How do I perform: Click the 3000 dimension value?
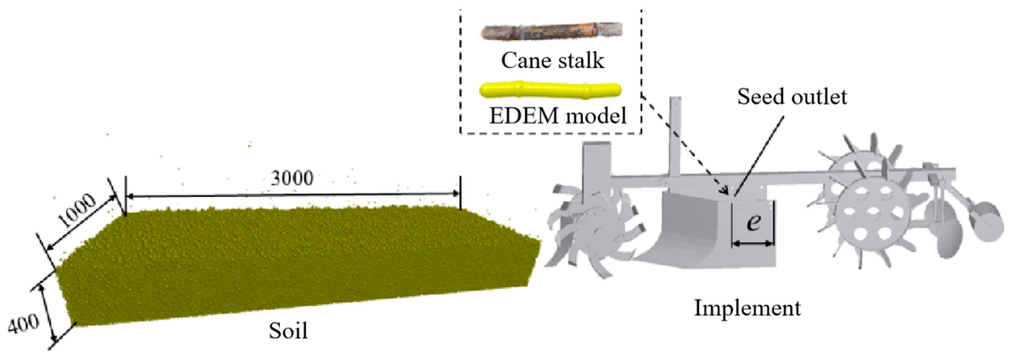pyautogui.click(x=292, y=178)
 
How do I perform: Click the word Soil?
pyautogui.click(x=288, y=331)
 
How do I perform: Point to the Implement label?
pyautogui.click(x=747, y=308)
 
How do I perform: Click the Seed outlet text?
pyautogui.click(x=792, y=97)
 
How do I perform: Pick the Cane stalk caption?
pyautogui.click(x=553, y=60)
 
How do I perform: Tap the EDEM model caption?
pyautogui.click(x=558, y=115)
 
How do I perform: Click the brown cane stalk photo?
pyautogui.click(x=552, y=31)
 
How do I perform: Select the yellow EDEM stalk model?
pyautogui.click(x=551, y=90)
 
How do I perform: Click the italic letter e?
pyautogui.click(x=753, y=221)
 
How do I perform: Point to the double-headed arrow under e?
pyautogui.click(x=753, y=243)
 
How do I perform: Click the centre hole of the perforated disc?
pyautogui.click(x=874, y=211)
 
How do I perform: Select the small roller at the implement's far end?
pyautogui.click(x=986, y=221)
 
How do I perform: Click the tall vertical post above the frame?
pyautogui.click(x=675, y=136)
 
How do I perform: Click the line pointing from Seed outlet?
pyautogui.click(x=759, y=155)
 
